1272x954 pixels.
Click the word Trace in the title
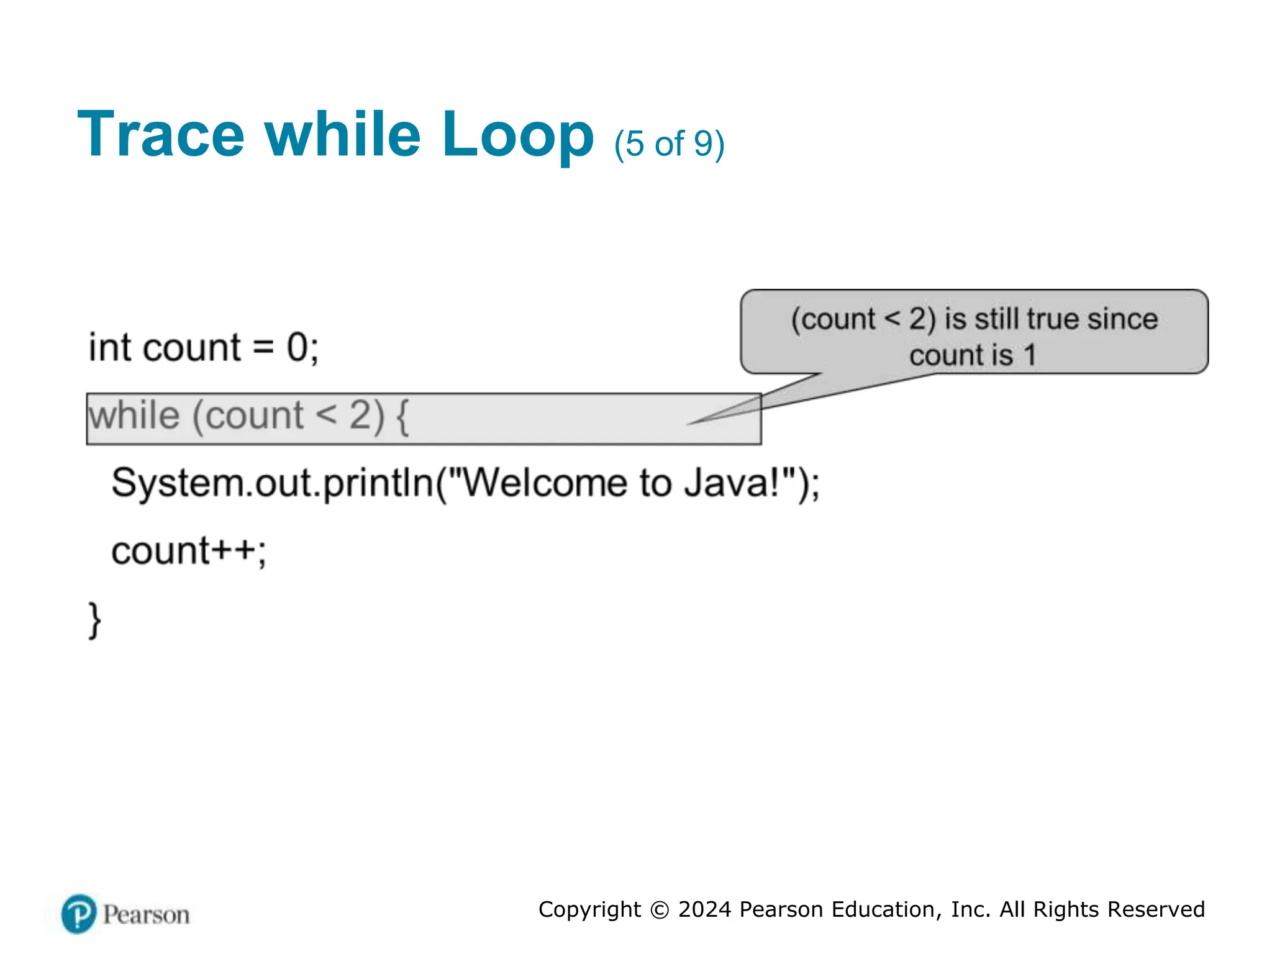pyautogui.click(x=161, y=135)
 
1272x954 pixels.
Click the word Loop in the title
pyautogui.click(x=517, y=135)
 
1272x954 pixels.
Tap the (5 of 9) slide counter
pyautogui.click(x=669, y=144)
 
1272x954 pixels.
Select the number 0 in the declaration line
pyautogui.click(x=297, y=347)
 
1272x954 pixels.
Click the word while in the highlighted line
pyautogui.click(x=134, y=416)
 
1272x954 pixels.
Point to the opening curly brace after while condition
pyautogui.click(x=402, y=417)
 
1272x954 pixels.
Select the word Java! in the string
pyautogui.click(x=731, y=483)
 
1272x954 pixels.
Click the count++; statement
pyautogui.click(x=189, y=551)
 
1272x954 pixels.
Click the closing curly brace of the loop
pyautogui.click(x=94, y=620)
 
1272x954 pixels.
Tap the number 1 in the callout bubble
pyautogui.click(x=1030, y=356)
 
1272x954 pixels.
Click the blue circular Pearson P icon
pyautogui.click(x=79, y=914)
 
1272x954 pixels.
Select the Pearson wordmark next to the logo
pyautogui.click(x=146, y=915)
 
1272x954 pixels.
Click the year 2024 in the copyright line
pyautogui.click(x=704, y=909)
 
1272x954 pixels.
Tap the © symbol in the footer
pyautogui.click(x=659, y=910)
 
